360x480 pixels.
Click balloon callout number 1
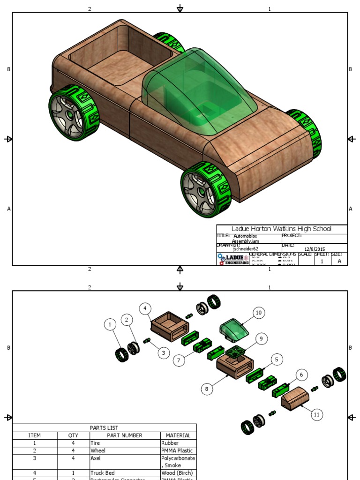[x=110, y=324]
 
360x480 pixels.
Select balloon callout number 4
[x=146, y=308]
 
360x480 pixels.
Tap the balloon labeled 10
[x=258, y=313]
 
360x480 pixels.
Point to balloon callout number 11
[x=317, y=414]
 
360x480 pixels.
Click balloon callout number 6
[x=302, y=375]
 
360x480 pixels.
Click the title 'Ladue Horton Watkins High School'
[x=281, y=229]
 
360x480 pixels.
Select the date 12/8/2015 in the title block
[x=315, y=249]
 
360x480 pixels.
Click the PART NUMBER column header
[x=124, y=435]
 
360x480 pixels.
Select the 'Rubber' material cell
[x=169, y=443]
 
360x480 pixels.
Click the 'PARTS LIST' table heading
[x=104, y=427]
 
